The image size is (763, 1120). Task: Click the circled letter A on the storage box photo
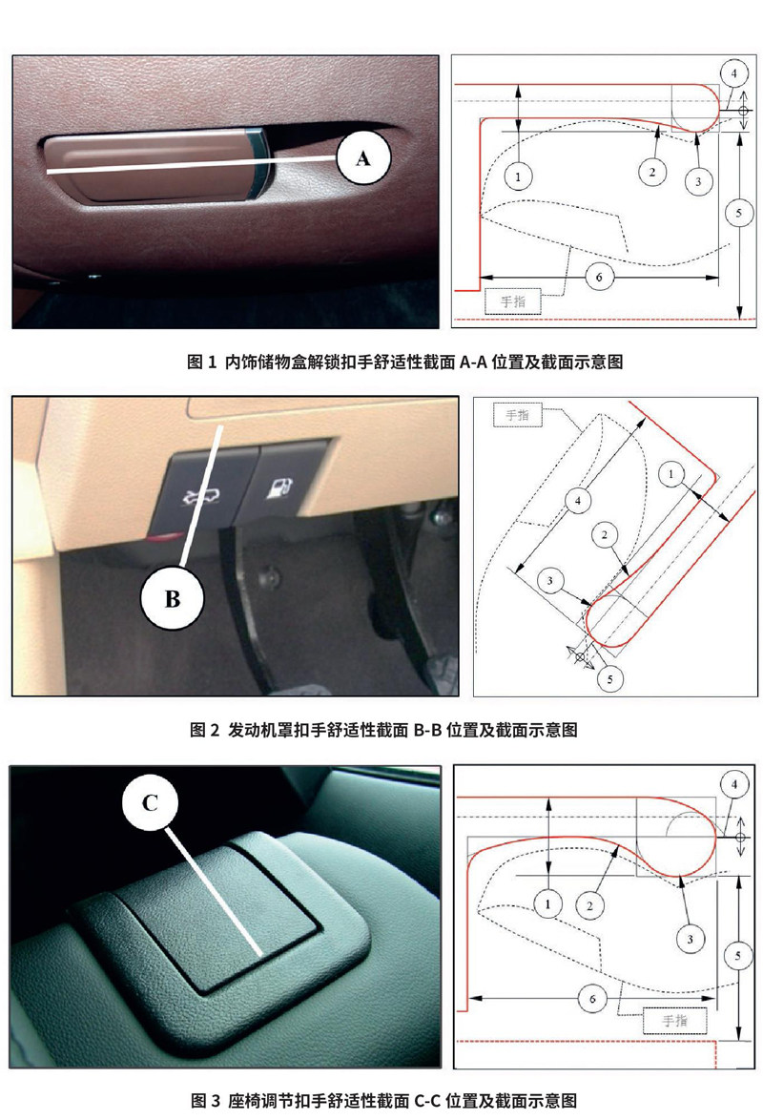point(363,157)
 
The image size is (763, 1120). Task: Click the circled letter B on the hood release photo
point(173,598)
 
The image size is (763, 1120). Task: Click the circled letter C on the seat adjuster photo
point(150,803)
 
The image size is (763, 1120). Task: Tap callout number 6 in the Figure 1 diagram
point(599,277)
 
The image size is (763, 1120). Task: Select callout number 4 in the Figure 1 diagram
point(733,73)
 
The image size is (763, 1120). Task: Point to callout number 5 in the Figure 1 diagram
point(739,212)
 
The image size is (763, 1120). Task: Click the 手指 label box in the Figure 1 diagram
point(513,301)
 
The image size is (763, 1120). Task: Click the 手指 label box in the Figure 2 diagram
point(518,415)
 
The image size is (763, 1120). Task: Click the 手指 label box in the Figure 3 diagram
point(674,1021)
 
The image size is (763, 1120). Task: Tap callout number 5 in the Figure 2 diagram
point(609,678)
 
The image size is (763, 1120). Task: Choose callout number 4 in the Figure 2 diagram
point(578,501)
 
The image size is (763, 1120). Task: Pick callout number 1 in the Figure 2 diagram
point(670,473)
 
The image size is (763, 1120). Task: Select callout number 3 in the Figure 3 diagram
point(691,939)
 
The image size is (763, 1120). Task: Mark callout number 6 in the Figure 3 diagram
point(591,999)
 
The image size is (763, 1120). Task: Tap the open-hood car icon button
point(197,493)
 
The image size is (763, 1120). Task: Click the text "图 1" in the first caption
point(201,363)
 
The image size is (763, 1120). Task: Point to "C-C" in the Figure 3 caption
point(427,1101)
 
